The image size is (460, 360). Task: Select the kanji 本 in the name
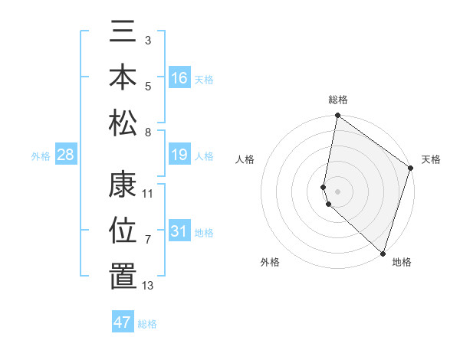pyautogui.click(x=123, y=77)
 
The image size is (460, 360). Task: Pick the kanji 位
pyautogui.click(x=123, y=231)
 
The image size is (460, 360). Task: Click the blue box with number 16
pyautogui.click(x=179, y=77)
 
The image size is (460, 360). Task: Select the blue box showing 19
pyautogui.click(x=179, y=155)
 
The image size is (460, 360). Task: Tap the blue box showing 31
pyautogui.click(x=179, y=231)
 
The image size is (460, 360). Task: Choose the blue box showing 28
pyautogui.click(x=66, y=155)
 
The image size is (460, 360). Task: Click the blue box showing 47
pyautogui.click(x=123, y=322)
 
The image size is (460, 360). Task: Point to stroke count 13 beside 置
pyautogui.click(x=148, y=286)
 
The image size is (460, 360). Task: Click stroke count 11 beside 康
pyautogui.click(x=148, y=194)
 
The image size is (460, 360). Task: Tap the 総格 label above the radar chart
pyautogui.click(x=337, y=100)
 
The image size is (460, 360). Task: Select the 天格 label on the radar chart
pyautogui.click(x=431, y=159)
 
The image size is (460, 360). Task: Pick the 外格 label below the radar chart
pyautogui.click(x=270, y=262)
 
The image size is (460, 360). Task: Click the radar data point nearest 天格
pyautogui.click(x=411, y=169)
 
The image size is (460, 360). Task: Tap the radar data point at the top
pyautogui.click(x=337, y=116)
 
